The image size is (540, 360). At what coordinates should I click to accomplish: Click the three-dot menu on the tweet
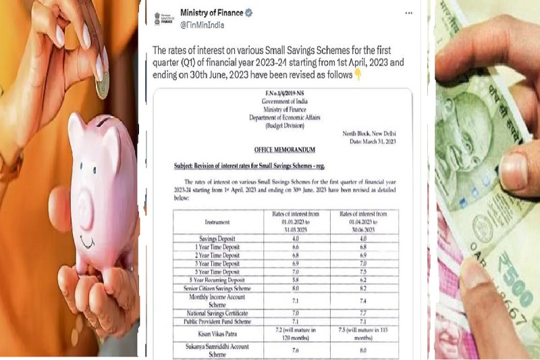click(408, 13)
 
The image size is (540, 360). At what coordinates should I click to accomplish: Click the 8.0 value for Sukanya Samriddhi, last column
click(364, 350)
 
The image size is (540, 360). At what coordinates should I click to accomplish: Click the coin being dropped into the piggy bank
click(102, 87)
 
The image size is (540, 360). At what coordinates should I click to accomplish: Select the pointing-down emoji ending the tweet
click(357, 74)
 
